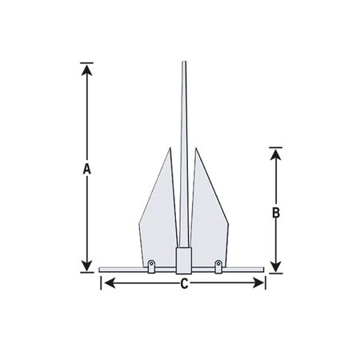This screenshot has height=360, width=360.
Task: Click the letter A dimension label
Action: pos(86,169)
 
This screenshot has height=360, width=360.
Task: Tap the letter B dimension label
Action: pos(275,214)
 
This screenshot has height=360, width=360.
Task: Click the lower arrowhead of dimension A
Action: pos(86,267)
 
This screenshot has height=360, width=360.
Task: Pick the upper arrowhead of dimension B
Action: pos(275,153)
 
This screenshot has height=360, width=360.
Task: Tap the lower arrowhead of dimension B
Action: pos(275,267)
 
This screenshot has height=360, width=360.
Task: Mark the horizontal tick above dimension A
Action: pos(86,62)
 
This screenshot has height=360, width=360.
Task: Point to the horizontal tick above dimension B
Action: pos(275,146)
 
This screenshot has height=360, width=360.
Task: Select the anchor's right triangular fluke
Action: pos(209,208)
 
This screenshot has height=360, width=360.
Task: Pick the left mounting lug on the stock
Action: pos(152,265)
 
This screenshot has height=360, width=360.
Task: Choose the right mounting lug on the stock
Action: pos(216,265)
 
